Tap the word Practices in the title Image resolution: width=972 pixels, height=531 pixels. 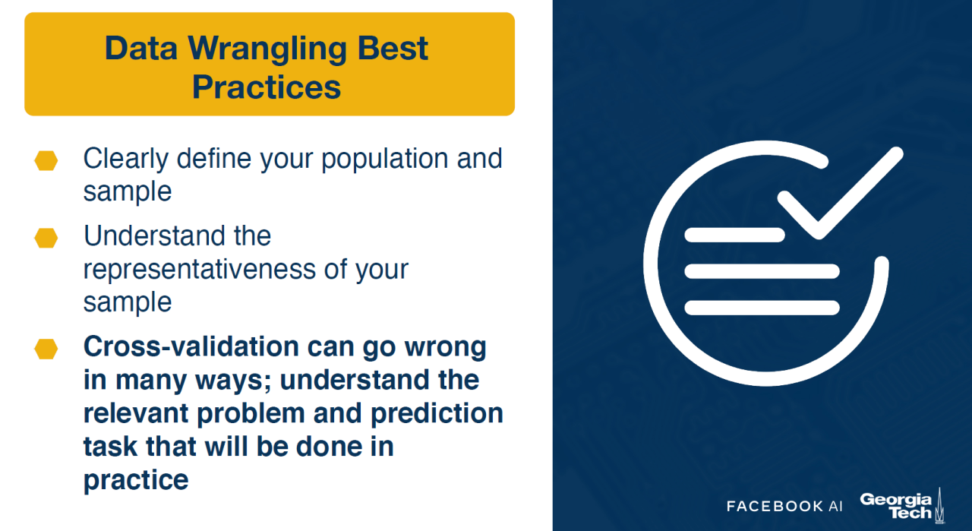click(x=267, y=87)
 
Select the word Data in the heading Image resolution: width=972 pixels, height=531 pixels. click(x=141, y=47)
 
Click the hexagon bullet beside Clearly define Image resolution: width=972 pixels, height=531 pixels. click(x=46, y=160)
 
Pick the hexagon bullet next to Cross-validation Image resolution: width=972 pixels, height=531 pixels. click(x=46, y=349)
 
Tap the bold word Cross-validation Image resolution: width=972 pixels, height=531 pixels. click(x=191, y=346)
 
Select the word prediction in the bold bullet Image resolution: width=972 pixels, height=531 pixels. click(x=437, y=413)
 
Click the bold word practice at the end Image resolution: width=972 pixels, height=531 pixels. click(x=136, y=480)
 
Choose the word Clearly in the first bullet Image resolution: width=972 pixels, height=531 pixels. click(x=126, y=160)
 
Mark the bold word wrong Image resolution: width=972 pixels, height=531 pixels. click(x=445, y=348)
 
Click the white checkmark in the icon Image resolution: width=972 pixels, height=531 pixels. click(x=840, y=193)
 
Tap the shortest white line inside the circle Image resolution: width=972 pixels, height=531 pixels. click(x=734, y=235)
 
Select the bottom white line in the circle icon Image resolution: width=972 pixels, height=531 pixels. click(x=762, y=308)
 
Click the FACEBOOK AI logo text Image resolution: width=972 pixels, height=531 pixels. click(x=784, y=506)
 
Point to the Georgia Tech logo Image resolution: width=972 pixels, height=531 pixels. click(x=901, y=505)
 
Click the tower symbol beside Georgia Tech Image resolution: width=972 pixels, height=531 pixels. click(x=940, y=505)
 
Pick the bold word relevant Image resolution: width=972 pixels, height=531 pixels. click(x=136, y=413)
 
